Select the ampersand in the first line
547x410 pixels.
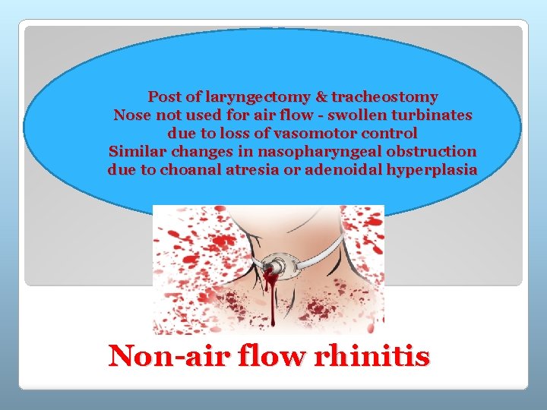(321, 97)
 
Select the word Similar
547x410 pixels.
(137, 151)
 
